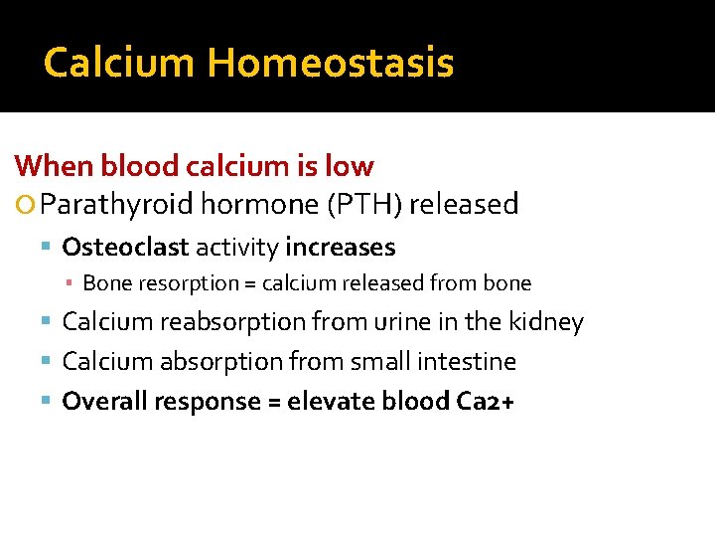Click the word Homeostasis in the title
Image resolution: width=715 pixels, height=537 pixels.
coord(330,64)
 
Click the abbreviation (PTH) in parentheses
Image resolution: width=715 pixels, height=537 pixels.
coord(357,205)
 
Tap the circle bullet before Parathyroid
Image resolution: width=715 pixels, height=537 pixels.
coord(27,206)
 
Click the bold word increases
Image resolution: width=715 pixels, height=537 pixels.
coord(340,248)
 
